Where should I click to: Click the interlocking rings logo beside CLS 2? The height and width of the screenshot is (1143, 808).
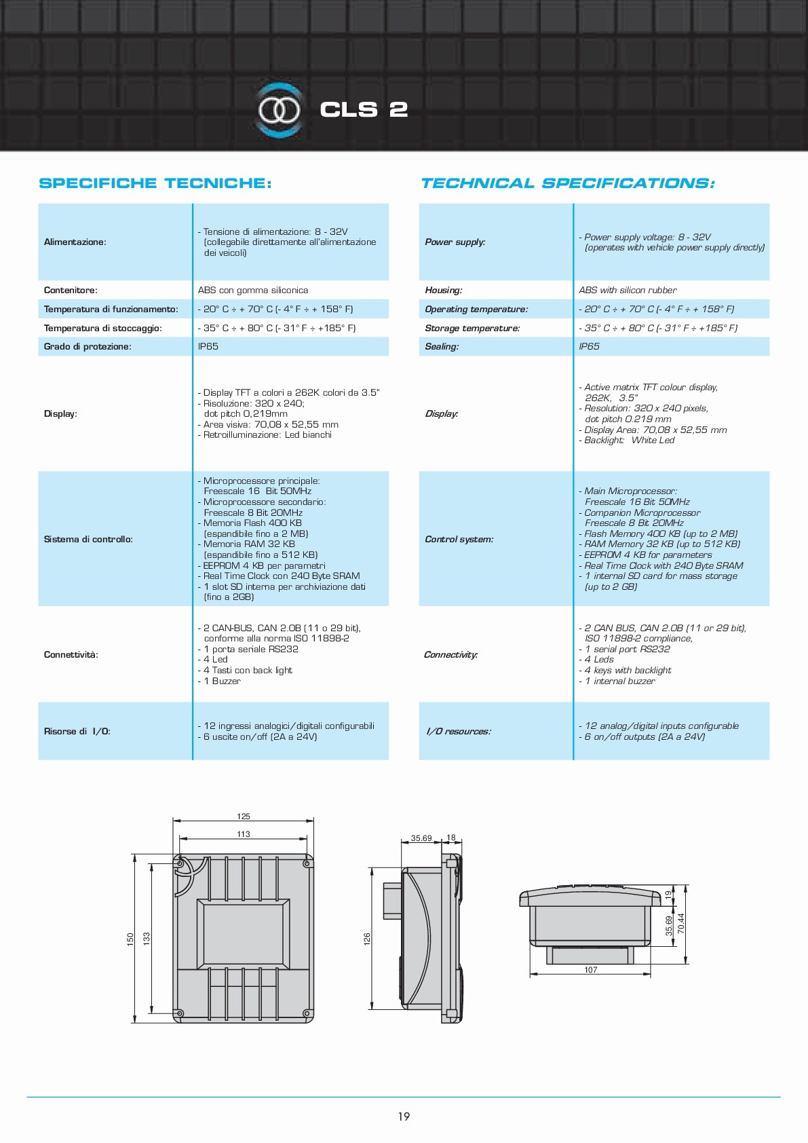pyautogui.click(x=279, y=110)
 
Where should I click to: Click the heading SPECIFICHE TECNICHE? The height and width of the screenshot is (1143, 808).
pyautogui.click(x=155, y=183)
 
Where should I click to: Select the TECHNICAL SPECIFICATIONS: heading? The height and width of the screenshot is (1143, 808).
pyautogui.click(x=567, y=183)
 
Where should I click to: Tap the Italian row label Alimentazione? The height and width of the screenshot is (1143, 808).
pyautogui.click(x=75, y=242)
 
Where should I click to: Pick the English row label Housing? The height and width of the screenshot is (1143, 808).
pyautogui.click(x=444, y=291)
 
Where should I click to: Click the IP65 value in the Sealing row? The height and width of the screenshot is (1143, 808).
pyautogui.click(x=589, y=347)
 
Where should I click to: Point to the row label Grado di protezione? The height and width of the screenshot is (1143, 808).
pyautogui.click(x=88, y=347)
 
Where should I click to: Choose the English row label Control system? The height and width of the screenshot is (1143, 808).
pyautogui.click(x=459, y=540)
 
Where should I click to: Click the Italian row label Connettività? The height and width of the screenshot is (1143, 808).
pyautogui.click(x=71, y=655)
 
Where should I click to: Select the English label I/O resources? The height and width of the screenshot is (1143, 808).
pyautogui.click(x=459, y=732)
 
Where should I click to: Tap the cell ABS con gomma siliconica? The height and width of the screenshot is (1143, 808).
pyautogui.click(x=253, y=291)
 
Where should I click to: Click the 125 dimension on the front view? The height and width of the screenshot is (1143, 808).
pyautogui.click(x=244, y=817)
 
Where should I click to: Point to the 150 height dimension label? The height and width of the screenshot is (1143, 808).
pyautogui.click(x=130, y=939)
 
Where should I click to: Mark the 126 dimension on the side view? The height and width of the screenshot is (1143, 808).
pyautogui.click(x=367, y=939)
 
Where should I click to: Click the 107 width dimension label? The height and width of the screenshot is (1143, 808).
pyautogui.click(x=591, y=970)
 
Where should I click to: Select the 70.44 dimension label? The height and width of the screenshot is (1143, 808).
pyautogui.click(x=681, y=923)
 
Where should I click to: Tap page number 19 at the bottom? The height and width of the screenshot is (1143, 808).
pyautogui.click(x=404, y=1117)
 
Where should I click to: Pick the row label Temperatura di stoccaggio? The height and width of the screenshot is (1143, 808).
pyautogui.click(x=103, y=329)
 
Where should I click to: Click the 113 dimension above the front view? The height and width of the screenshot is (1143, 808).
pyautogui.click(x=244, y=834)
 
